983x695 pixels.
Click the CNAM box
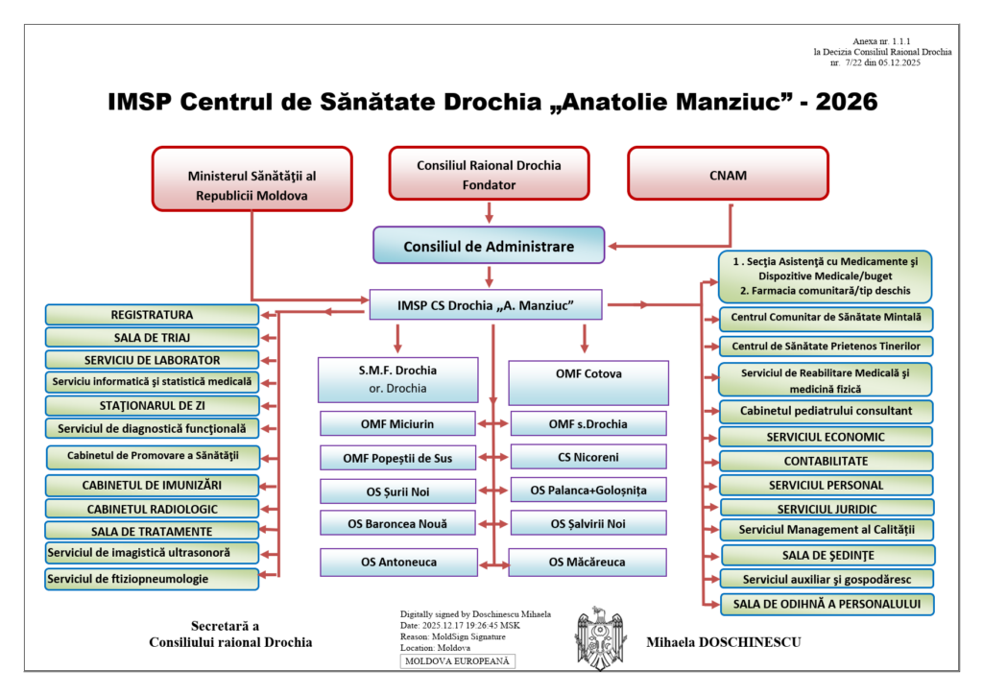727,177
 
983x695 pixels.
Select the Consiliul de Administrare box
489,246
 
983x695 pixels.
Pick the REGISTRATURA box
152,315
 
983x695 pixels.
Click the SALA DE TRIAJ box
152,337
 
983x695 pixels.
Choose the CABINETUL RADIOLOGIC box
152,509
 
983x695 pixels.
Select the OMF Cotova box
587,373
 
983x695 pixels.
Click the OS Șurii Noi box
397,491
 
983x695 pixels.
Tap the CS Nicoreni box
587,457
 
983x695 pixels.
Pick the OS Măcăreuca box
587,562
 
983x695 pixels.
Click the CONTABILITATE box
826,461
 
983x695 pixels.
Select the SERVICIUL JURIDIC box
826,508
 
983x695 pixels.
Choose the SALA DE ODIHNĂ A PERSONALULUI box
826,604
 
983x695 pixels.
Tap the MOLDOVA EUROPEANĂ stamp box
458,661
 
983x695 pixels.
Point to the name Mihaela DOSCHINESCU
724,642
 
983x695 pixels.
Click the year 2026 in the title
845,102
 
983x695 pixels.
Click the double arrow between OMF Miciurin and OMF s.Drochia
492,423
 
